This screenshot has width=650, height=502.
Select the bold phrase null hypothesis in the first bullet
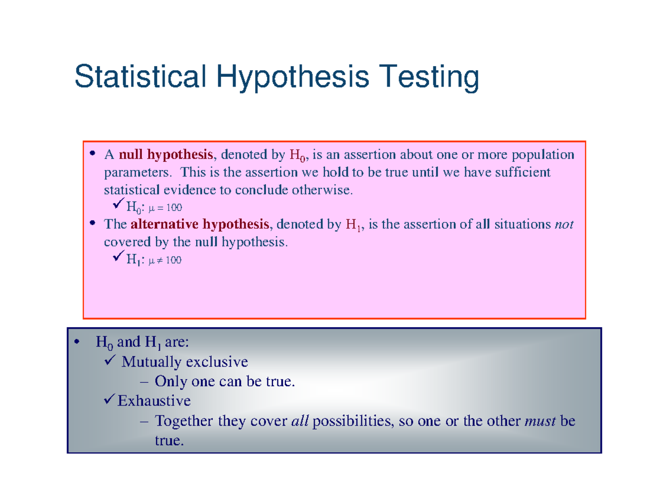pos(166,155)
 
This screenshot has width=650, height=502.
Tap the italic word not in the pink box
pos(564,224)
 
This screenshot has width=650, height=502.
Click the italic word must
pos(540,421)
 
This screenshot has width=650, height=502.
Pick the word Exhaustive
pos(154,401)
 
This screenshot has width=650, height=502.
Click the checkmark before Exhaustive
pos(109,400)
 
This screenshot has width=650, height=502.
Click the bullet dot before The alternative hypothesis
pos(93,223)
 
